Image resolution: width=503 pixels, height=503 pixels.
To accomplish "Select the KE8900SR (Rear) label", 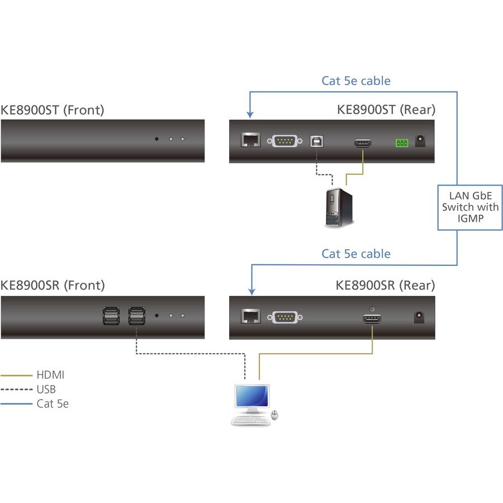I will (x=385, y=286).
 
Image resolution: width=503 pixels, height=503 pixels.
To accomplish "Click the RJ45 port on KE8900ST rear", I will (x=250, y=141).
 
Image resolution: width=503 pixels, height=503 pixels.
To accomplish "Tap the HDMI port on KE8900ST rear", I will (x=363, y=143).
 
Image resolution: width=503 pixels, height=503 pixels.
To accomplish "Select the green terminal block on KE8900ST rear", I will (x=401, y=143).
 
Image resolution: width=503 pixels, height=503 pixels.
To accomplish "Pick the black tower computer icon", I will (x=340, y=207).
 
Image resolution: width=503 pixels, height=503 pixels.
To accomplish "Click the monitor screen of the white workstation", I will (x=251, y=396).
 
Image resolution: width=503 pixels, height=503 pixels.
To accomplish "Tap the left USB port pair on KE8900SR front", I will (x=111, y=316).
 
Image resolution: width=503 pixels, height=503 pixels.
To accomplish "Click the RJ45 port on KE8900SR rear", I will (x=250, y=317).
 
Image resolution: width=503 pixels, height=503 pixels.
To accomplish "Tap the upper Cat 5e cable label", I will (x=356, y=81).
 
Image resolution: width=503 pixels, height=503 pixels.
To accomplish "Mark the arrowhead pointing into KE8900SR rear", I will (x=252, y=290).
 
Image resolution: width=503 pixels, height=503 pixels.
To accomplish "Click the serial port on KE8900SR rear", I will (x=286, y=317).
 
